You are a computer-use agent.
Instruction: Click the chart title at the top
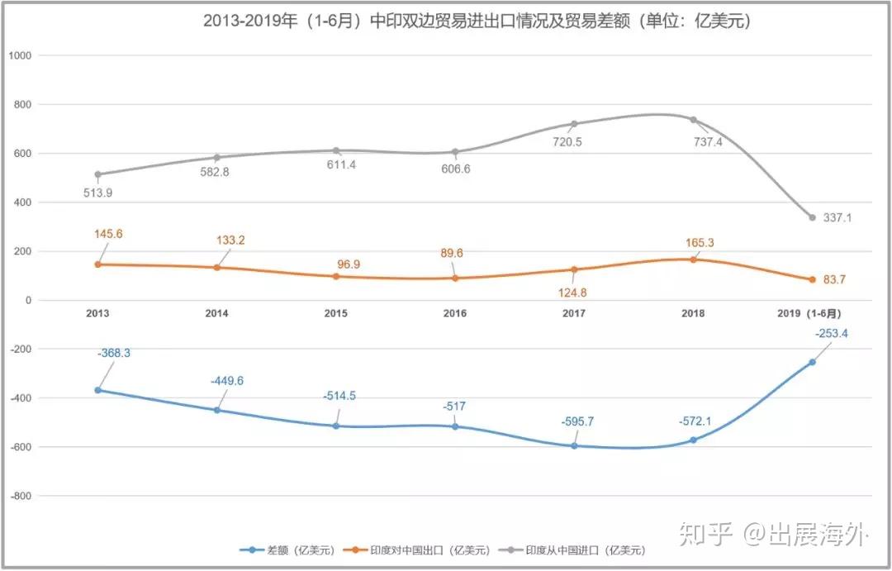[x=477, y=21]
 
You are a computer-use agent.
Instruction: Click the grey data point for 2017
[x=574, y=124]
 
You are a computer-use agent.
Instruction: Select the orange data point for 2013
[x=97, y=264]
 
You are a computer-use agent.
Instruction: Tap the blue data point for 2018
[x=693, y=440]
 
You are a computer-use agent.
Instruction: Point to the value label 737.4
[x=708, y=142]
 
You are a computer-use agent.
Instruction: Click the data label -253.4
[x=831, y=334]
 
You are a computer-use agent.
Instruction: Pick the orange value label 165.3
[x=700, y=243]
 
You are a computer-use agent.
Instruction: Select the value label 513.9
[x=97, y=193]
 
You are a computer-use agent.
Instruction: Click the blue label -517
[x=454, y=407]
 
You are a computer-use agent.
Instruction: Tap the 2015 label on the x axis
[x=335, y=313]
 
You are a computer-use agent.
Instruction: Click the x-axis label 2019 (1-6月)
[x=809, y=313]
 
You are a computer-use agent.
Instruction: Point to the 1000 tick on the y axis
[x=20, y=56]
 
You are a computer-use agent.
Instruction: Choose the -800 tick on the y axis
[x=21, y=496]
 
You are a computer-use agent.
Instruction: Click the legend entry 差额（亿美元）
[x=287, y=550]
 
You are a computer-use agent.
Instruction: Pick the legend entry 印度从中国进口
[x=572, y=550]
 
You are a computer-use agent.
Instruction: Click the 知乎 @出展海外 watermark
[x=774, y=535]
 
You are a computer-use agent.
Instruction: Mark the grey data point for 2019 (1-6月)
[x=813, y=217]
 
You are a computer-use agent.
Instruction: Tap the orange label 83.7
[x=834, y=279]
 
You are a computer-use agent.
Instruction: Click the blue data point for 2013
[x=97, y=390]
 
